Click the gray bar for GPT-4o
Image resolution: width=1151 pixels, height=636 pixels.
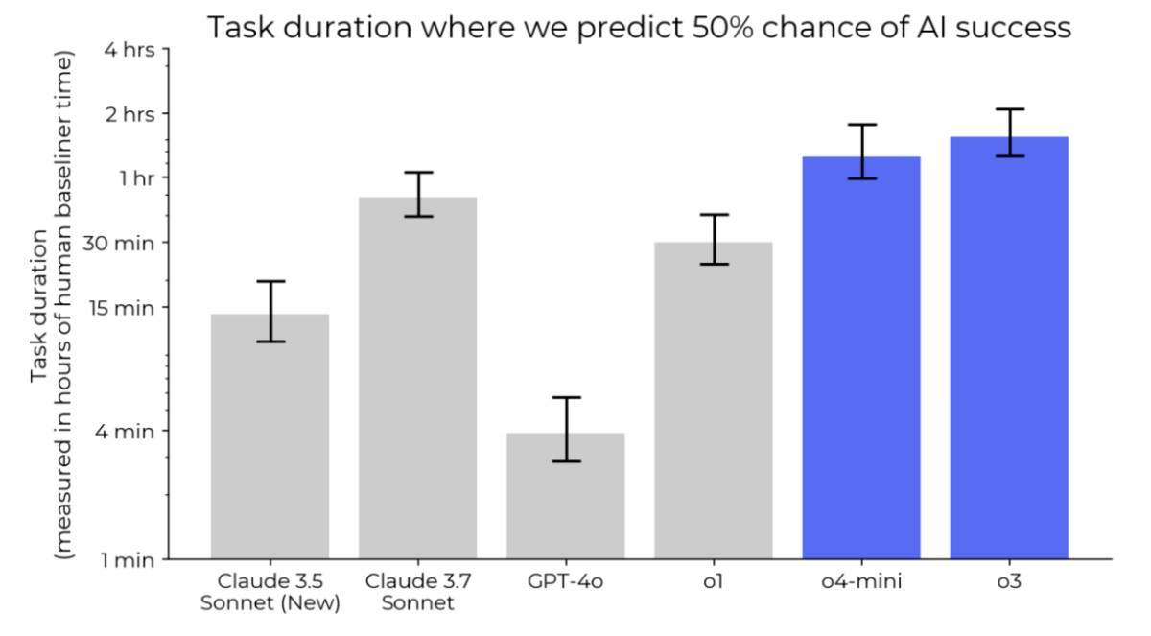pyautogui.click(x=566, y=496)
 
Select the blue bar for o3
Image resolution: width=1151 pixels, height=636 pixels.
pyautogui.click(x=1009, y=348)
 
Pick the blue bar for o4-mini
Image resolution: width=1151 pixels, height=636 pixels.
pyautogui.click(x=861, y=358)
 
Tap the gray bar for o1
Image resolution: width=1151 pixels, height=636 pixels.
pyautogui.click(x=714, y=400)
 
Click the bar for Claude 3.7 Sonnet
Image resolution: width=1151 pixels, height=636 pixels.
pyautogui.click(x=418, y=378)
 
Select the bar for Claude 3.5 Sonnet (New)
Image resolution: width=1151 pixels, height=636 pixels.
pyautogui.click(x=270, y=436)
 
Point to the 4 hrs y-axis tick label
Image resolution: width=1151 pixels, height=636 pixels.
pyautogui.click(x=129, y=50)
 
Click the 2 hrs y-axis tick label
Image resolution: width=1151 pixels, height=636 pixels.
pyautogui.click(x=130, y=114)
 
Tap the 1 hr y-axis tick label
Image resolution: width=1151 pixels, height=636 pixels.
pyautogui.click(x=137, y=178)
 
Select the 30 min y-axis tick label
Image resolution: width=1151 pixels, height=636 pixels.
pyautogui.click(x=118, y=243)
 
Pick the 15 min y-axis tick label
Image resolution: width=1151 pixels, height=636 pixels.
pyautogui.click(x=122, y=308)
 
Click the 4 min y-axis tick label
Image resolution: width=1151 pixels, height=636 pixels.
pyautogui.click(x=125, y=432)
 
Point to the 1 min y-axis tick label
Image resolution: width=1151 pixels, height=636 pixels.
pyautogui.click(x=128, y=560)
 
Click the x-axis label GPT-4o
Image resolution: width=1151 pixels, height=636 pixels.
pyautogui.click(x=565, y=581)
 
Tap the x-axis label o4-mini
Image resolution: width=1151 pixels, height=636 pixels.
pyautogui.click(x=861, y=581)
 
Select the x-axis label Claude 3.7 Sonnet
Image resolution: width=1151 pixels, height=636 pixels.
pyautogui.click(x=418, y=592)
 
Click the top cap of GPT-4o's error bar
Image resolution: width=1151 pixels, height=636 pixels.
pyautogui.click(x=566, y=397)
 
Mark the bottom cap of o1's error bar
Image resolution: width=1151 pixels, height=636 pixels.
pyautogui.click(x=715, y=264)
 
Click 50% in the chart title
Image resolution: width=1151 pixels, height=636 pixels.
pyautogui.click(x=722, y=27)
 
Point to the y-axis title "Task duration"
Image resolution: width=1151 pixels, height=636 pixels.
pyautogui.click(x=39, y=306)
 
